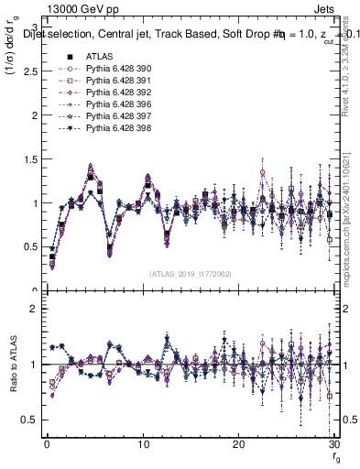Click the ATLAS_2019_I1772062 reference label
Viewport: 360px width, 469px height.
pos(190,273)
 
